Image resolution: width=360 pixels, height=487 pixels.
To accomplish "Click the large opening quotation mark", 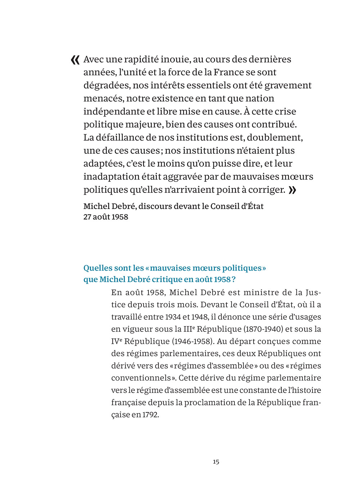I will point(75,60).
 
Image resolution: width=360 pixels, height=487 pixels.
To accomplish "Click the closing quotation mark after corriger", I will point(292,190).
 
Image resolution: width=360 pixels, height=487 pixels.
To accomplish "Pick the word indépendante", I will point(114,112).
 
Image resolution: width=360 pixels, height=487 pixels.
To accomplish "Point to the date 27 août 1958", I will point(106,217).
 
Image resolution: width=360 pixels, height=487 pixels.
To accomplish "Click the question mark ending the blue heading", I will point(234,279).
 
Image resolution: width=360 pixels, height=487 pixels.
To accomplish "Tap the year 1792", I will point(150,415).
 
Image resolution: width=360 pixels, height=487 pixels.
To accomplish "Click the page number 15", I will point(216,462).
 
